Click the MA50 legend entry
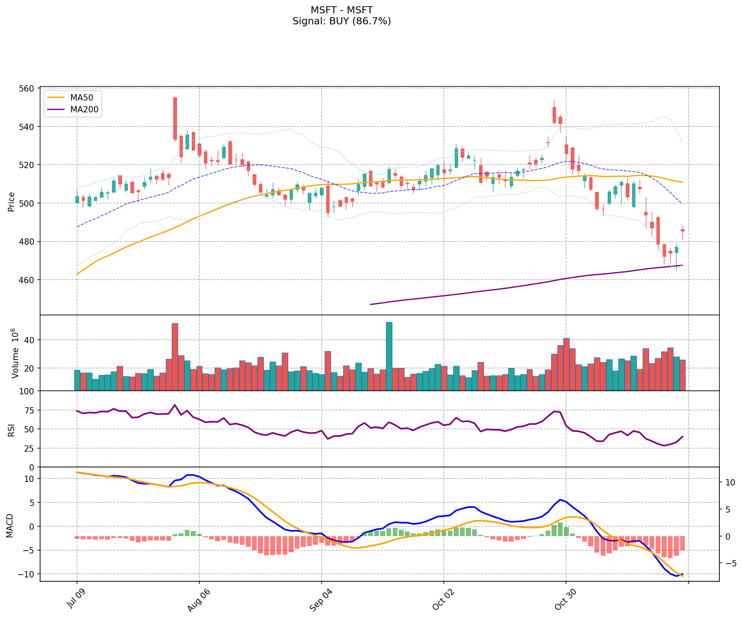click(x=82, y=97)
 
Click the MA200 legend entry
click(x=84, y=110)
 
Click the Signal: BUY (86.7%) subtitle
click(x=341, y=21)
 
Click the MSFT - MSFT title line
click(x=341, y=10)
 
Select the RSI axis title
click(x=11, y=429)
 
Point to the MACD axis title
click(x=10, y=526)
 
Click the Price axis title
click(x=11, y=202)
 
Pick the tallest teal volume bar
click(x=389, y=356)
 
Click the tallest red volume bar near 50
click(x=175, y=357)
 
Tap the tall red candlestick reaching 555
click(x=175, y=118)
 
